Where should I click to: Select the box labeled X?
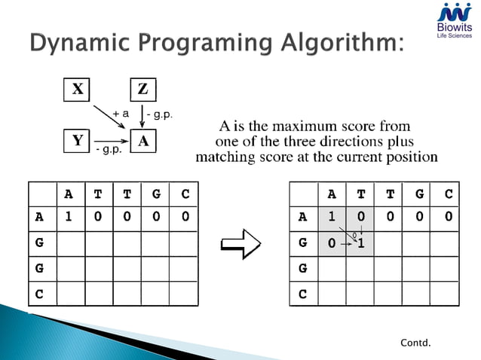click(77, 90)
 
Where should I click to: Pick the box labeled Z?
click(142, 90)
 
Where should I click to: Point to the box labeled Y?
click(77, 141)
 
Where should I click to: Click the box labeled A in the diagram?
click(142, 141)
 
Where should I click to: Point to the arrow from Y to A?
click(110, 142)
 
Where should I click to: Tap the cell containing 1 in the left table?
click(69, 218)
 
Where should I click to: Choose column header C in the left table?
click(184, 194)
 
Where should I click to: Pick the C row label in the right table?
click(303, 294)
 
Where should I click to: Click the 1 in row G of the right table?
click(361, 243)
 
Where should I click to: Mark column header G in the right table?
click(419, 194)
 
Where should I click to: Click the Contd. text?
click(415, 343)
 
